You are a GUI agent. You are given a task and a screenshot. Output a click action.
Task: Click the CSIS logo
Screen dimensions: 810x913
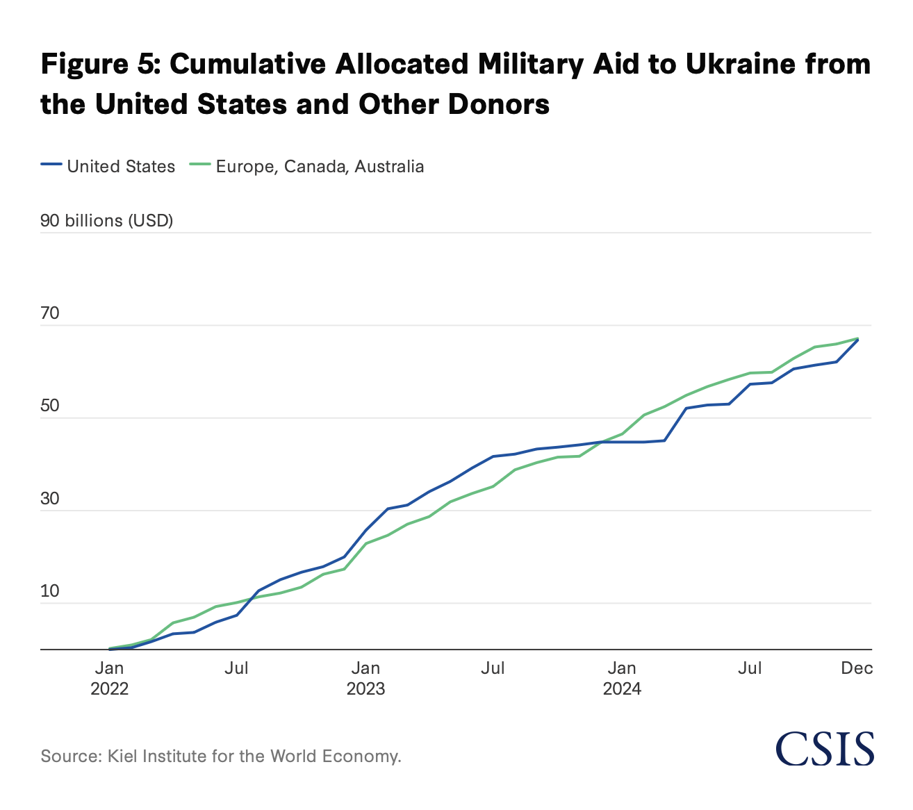pos(825,748)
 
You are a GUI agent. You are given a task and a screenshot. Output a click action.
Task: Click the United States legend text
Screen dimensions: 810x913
pos(121,167)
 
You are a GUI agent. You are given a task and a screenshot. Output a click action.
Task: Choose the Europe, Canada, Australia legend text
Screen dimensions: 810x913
pos(320,167)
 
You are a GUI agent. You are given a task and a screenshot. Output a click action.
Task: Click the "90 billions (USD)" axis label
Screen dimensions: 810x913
pos(107,221)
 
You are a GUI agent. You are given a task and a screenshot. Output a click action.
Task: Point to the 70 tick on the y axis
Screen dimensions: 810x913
pos(50,313)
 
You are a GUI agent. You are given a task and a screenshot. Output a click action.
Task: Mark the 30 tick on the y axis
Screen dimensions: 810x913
pos(50,499)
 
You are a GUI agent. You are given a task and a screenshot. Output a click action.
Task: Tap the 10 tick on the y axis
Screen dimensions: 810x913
pos(50,591)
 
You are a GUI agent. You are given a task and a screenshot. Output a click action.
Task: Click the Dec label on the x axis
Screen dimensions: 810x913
pos(857,668)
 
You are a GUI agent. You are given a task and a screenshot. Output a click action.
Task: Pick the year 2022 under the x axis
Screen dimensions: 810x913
pos(109,689)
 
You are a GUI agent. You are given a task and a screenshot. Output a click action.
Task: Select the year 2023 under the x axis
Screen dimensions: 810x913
pos(365,689)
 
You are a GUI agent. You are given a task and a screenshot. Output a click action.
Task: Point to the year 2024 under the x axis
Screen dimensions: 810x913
pos(622,689)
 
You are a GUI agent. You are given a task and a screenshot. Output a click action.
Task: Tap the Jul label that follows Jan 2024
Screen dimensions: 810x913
pos(750,668)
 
